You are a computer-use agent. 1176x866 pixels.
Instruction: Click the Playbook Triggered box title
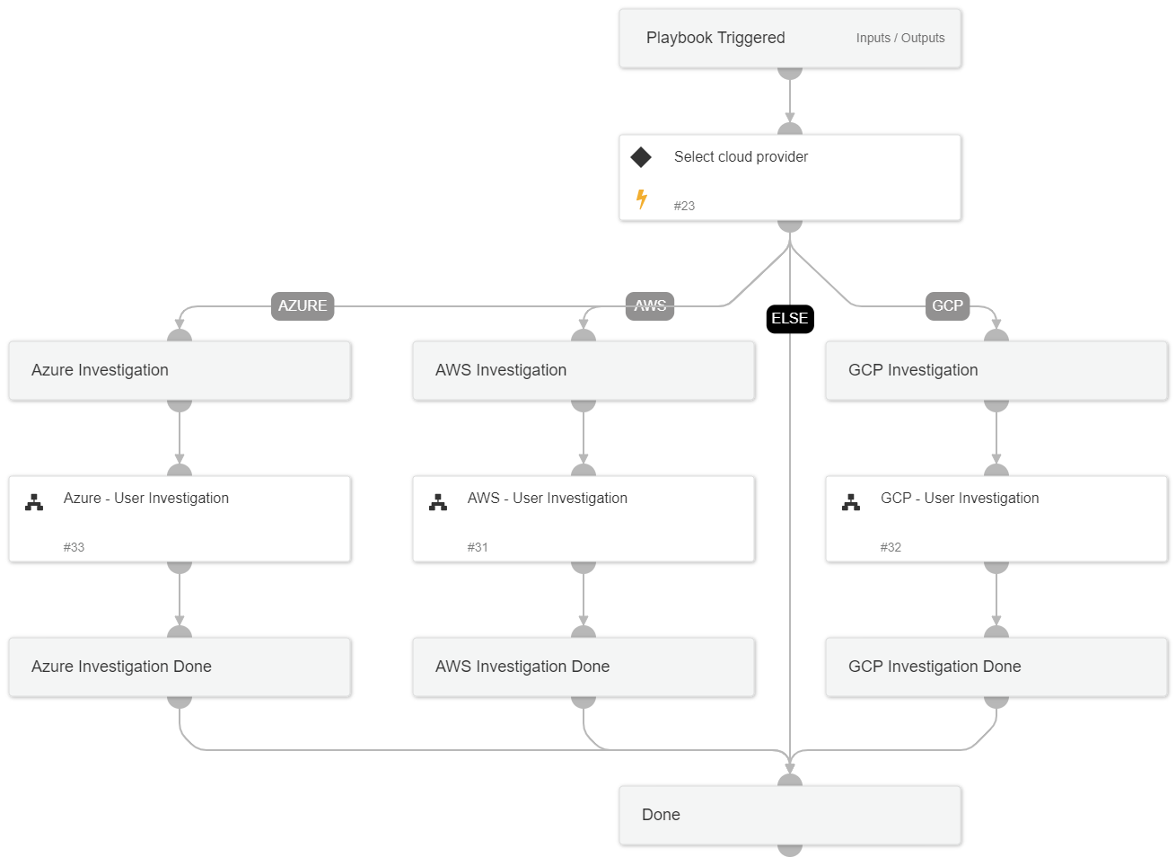tap(715, 38)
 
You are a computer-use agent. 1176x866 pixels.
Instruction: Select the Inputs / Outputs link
tap(900, 38)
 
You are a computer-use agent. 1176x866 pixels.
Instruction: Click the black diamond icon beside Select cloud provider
tap(641, 157)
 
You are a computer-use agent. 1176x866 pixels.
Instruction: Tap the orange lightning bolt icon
tap(642, 199)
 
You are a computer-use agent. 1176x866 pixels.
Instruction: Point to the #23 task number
tap(684, 206)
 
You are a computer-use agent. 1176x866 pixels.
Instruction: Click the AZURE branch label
tap(303, 305)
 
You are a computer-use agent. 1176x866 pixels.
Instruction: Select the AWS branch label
tap(650, 305)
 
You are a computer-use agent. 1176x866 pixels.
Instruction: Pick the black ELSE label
tap(790, 319)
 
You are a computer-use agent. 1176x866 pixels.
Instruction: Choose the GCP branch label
tap(947, 305)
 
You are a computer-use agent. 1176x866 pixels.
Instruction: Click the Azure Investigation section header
tap(100, 370)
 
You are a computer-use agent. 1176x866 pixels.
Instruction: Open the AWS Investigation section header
tap(501, 370)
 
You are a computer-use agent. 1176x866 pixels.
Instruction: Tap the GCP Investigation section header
tap(913, 370)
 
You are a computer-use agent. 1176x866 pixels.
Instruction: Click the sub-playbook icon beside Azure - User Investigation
tap(34, 502)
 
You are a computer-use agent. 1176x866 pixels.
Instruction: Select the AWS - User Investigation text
tap(547, 498)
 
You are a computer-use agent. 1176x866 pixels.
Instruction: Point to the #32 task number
tap(891, 547)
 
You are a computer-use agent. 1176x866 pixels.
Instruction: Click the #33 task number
tap(74, 547)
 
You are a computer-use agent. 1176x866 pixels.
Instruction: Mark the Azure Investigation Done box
tap(180, 667)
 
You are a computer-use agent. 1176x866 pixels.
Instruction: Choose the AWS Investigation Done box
tap(584, 667)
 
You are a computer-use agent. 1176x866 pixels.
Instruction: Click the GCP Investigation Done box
tap(996, 667)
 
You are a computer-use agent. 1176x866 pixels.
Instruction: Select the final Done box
tap(790, 815)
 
